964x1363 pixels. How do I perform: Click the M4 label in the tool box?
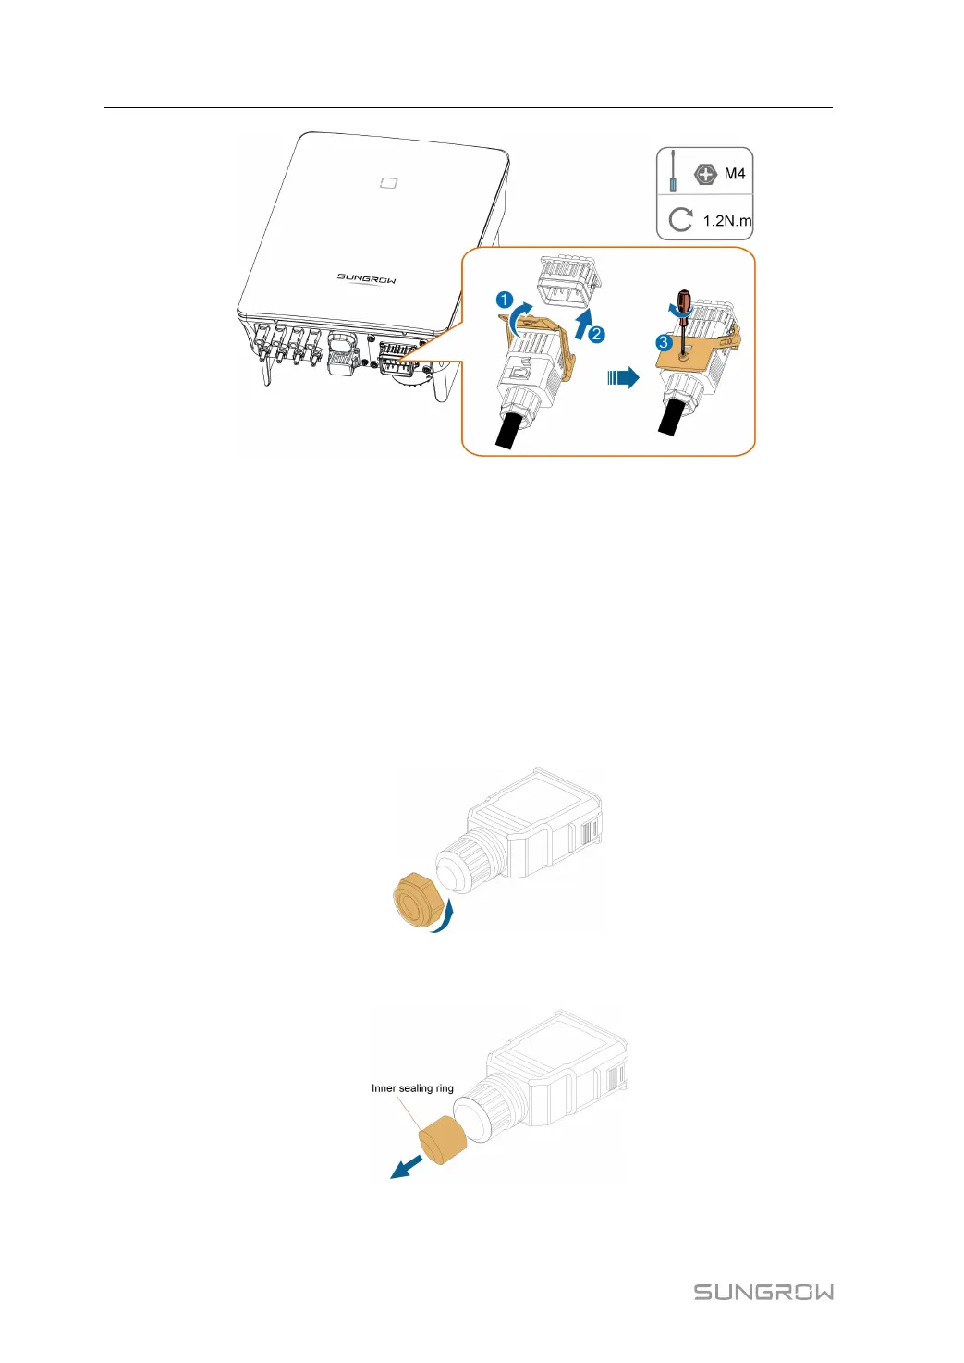tap(735, 174)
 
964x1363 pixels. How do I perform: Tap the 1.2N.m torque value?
tap(726, 221)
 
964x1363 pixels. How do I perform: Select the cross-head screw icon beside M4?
tap(705, 173)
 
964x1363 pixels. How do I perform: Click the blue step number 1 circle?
tap(505, 300)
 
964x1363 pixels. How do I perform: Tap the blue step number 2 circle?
tap(597, 335)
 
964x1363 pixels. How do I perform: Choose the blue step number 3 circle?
tap(663, 342)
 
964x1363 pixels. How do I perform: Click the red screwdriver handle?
tap(684, 302)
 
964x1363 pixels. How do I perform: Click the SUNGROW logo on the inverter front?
tap(366, 277)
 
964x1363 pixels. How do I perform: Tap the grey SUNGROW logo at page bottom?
tap(763, 1292)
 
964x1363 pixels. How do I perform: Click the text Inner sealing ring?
tap(412, 1088)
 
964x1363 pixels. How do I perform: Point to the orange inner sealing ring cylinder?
tap(442, 1139)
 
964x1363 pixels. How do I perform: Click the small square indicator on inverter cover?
tap(389, 182)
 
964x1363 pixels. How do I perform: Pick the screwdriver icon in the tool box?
tap(673, 171)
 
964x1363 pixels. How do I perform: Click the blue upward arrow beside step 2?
tap(582, 325)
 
